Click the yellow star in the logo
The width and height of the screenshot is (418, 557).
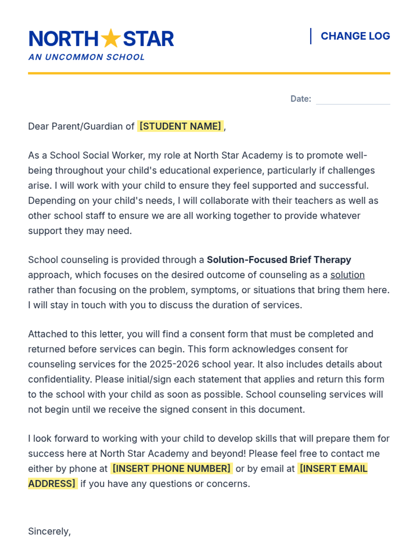tap(111, 38)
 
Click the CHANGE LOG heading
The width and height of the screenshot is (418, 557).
tap(355, 36)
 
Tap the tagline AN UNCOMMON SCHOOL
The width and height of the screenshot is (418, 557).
tap(86, 57)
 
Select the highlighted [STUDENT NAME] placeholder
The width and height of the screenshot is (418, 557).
tap(180, 126)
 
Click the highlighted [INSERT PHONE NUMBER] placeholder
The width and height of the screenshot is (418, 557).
tap(171, 469)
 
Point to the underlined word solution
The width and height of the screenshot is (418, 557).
tap(347, 275)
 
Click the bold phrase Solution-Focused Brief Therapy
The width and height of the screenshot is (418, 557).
tap(279, 260)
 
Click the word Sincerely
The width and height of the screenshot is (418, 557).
tap(49, 531)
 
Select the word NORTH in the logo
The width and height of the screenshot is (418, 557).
tap(64, 39)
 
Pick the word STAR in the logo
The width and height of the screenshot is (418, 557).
tap(148, 39)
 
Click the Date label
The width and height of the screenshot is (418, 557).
tap(301, 99)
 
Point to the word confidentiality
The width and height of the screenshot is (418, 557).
tap(60, 379)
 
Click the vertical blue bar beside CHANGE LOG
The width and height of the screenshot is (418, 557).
tap(310, 36)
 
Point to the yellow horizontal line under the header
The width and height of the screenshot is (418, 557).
tap(209, 73)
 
